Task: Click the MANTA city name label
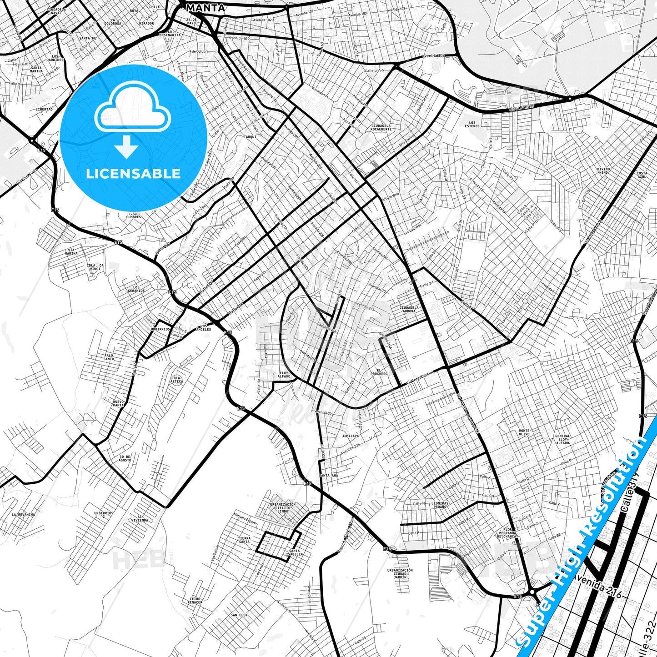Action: click(206, 8)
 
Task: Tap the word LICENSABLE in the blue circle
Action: click(133, 174)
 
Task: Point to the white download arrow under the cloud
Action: click(126, 147)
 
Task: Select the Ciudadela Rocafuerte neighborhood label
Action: click(381, 127)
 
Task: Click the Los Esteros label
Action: click(472, 124)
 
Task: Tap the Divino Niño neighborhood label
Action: click(603, 171)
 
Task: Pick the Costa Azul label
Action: click(642, 175)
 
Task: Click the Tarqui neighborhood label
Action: click(250, 136)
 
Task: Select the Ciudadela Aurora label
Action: click(409, 309)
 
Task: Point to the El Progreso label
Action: click(379, 372)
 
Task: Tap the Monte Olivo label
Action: click(524, 432)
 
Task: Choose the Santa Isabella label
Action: click(293, 552)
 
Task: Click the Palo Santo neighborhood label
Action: click(109, 357)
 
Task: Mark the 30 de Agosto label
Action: click(125, 458)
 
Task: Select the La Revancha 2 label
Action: click(23, 516)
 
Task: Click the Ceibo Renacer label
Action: click(195, 600)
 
